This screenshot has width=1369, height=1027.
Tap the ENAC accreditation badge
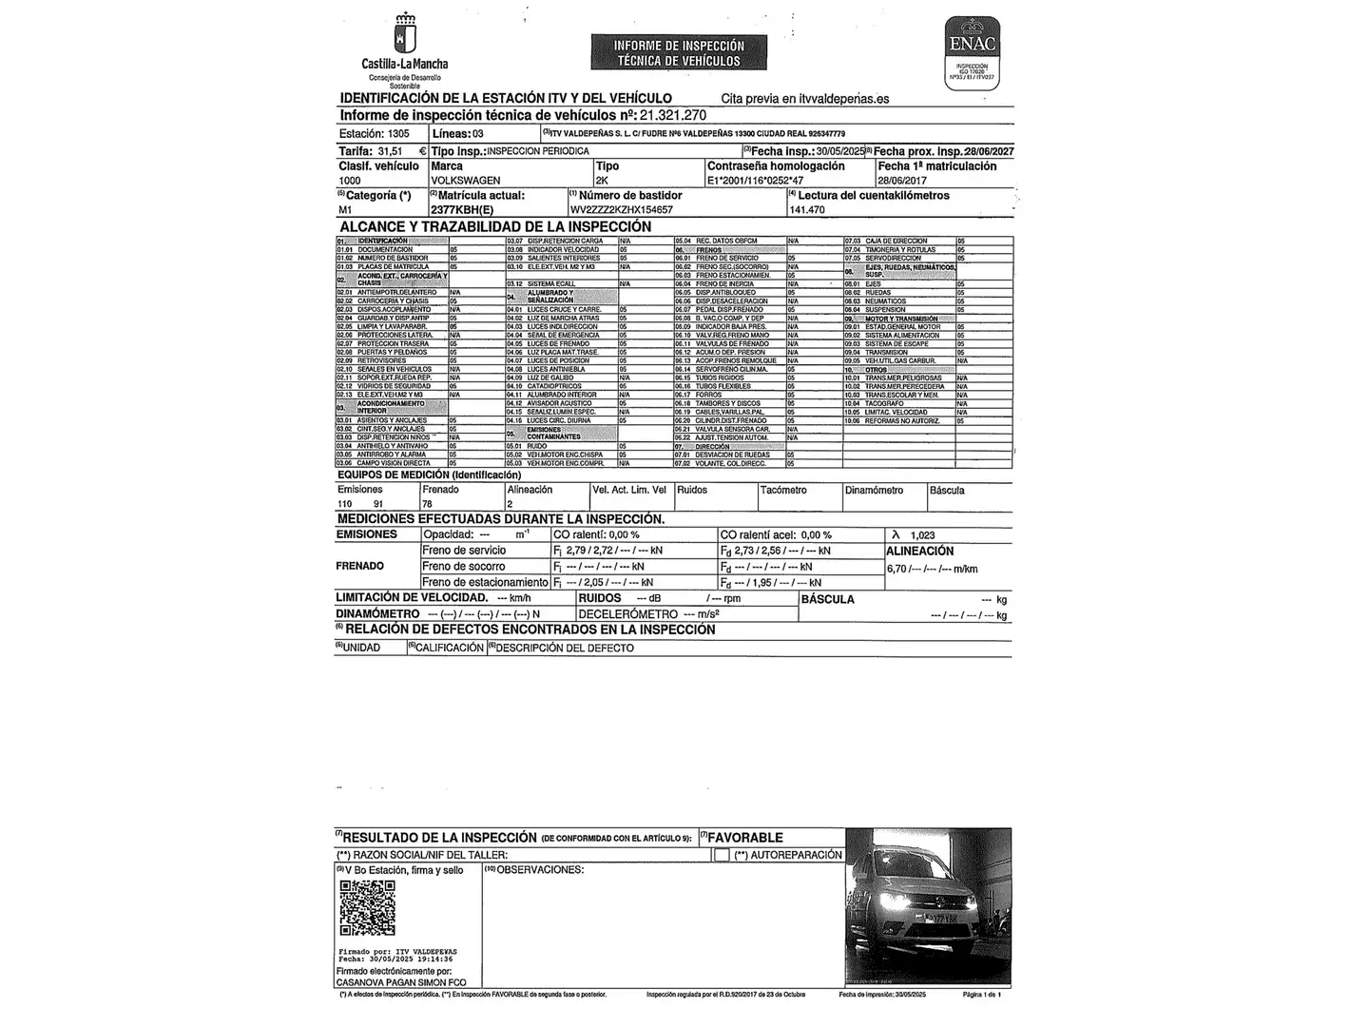coord(972,51)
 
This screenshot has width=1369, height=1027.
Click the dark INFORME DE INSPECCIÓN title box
coord(679,53)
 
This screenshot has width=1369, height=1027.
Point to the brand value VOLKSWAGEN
coord(466,180)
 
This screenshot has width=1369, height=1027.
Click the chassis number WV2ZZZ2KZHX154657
coord(622,210)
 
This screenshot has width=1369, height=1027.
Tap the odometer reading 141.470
coord(807,210)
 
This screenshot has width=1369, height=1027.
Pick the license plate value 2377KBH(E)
coord(462,210)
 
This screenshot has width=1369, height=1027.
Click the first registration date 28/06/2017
coord(901,180)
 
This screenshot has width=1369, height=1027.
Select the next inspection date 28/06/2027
coord(989,151)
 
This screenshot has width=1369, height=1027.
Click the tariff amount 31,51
coord(390,151)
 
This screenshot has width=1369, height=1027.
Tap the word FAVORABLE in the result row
coord(745,838)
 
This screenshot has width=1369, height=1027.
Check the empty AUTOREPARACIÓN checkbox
coord(722,855)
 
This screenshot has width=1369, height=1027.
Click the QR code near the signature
coord(367,908)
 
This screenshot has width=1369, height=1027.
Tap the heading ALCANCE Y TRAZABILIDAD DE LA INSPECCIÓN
coord(495,227)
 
